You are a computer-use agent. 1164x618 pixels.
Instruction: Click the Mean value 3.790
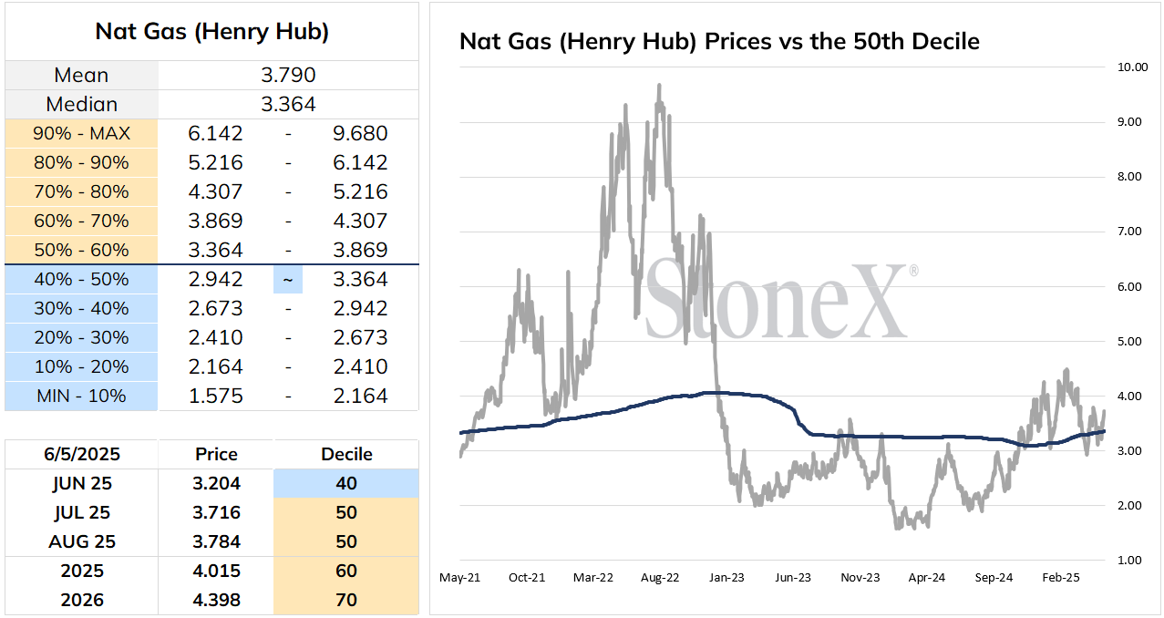click(288, 76)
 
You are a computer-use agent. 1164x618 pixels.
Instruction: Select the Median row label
click(82, 105)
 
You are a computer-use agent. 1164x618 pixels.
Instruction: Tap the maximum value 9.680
click(360, 134)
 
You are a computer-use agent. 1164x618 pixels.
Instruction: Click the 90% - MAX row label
click(82, 134)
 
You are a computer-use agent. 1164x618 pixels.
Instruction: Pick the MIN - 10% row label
click(82, 397)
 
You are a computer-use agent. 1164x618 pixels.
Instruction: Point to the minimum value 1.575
click(215, 397)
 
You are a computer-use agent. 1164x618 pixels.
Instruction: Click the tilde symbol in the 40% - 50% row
click(288, 280)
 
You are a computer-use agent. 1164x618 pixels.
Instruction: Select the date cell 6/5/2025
click(82, 454)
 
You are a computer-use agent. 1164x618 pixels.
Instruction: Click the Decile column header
click(346, 454)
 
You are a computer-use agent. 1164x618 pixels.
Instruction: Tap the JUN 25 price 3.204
click(216, 483)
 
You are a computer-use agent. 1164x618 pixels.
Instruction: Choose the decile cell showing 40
click(346, 483)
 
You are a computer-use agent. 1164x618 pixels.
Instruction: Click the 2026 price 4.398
click(216, 600)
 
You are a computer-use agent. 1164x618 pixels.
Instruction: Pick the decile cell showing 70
click(346, 600)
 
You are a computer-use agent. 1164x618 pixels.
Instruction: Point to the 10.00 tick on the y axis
click(1132, 67)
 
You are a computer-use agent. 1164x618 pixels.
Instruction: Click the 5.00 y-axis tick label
click(1129, 342)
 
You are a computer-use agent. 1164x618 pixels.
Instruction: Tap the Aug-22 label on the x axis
click(660, 578)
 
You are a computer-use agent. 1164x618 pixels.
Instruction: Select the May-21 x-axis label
click(460, 578)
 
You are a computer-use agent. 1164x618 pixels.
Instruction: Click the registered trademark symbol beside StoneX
click(913, 271)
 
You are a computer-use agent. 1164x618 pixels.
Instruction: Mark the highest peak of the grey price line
click(659, 85)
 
